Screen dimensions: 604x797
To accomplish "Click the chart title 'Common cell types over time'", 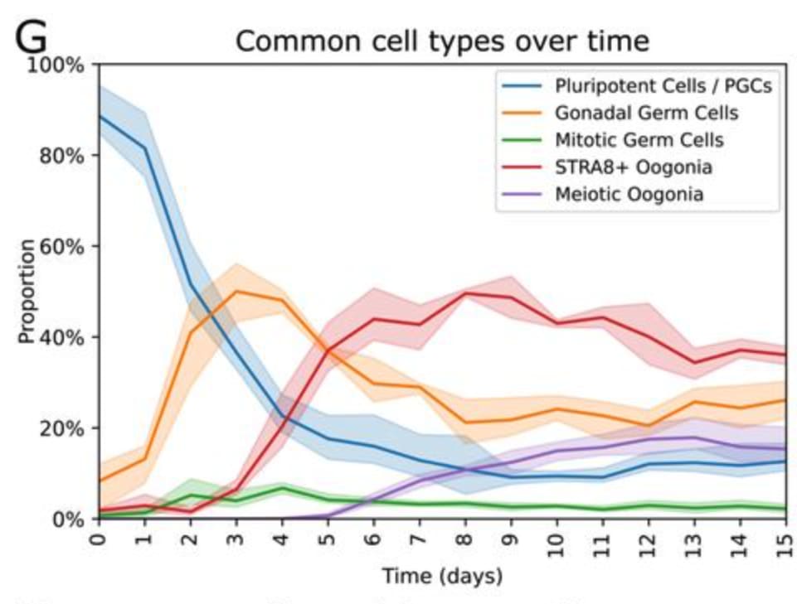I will [442, 41].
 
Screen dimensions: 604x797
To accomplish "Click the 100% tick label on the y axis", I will [56, 65].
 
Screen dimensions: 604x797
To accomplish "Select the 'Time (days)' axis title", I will [441, 575].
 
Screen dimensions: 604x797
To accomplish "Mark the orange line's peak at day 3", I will [237, 292].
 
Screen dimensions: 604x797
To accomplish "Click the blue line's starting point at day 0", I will [100, 116].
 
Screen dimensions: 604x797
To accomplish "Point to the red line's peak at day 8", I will [466, 293].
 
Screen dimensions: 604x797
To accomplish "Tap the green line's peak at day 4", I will [283, 489].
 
